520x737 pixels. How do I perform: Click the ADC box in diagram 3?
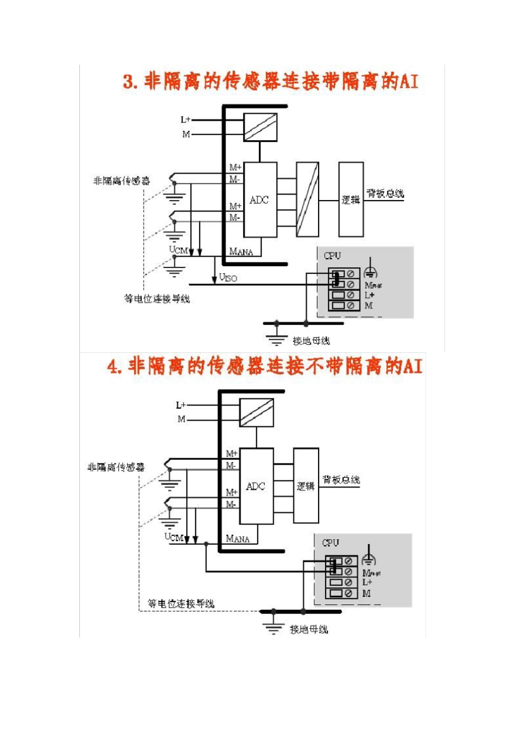259,199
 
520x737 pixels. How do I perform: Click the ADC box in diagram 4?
256,486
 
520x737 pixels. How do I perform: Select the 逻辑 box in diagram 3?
351,199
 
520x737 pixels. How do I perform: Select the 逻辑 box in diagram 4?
306,486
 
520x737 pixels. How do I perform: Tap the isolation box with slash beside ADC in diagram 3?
307,199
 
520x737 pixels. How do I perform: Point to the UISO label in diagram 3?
228,277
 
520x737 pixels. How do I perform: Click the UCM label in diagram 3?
178,250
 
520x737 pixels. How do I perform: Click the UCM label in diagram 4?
174,537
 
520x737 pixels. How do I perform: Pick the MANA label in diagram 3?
241,252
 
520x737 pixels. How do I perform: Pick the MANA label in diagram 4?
238,539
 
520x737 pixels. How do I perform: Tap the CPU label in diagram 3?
332,255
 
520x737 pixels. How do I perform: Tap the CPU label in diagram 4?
331,542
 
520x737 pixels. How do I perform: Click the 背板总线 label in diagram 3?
385,193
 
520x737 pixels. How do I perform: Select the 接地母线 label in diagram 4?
309,629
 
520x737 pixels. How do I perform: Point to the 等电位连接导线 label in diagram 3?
157,299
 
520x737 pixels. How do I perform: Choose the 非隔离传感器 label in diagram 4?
116,467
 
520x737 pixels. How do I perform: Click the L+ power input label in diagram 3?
186,119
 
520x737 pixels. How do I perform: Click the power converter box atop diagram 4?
257,413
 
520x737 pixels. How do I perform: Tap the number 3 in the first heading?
129,82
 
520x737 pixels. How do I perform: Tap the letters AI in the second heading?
413,365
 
